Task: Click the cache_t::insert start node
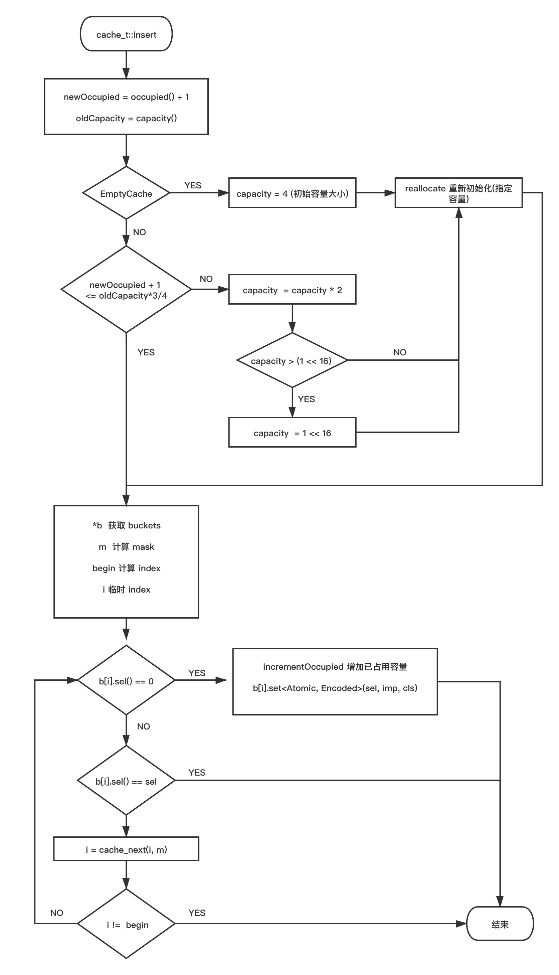tap(126, 34)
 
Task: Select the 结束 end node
tap(500, 924)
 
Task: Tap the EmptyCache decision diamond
tap(126, 193)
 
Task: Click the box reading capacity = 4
tap(292, 193)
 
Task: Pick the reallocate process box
tap(458, 193)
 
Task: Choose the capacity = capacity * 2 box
tap(292, 290)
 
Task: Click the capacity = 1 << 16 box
tap(292, 433)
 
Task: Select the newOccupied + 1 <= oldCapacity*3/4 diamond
tap(126, 290)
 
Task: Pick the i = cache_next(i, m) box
tap(126, 849)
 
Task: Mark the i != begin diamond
tap(126, 924)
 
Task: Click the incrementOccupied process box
tap(335, 682)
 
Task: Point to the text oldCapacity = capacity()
tap(126, 118)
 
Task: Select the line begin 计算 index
tap(126, 568)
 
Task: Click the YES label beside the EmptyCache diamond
tap(193, 185)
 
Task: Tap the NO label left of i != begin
tap(56, 913)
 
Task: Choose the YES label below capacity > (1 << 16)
tap(306, 399)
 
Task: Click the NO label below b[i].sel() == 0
tap(144, 726)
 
